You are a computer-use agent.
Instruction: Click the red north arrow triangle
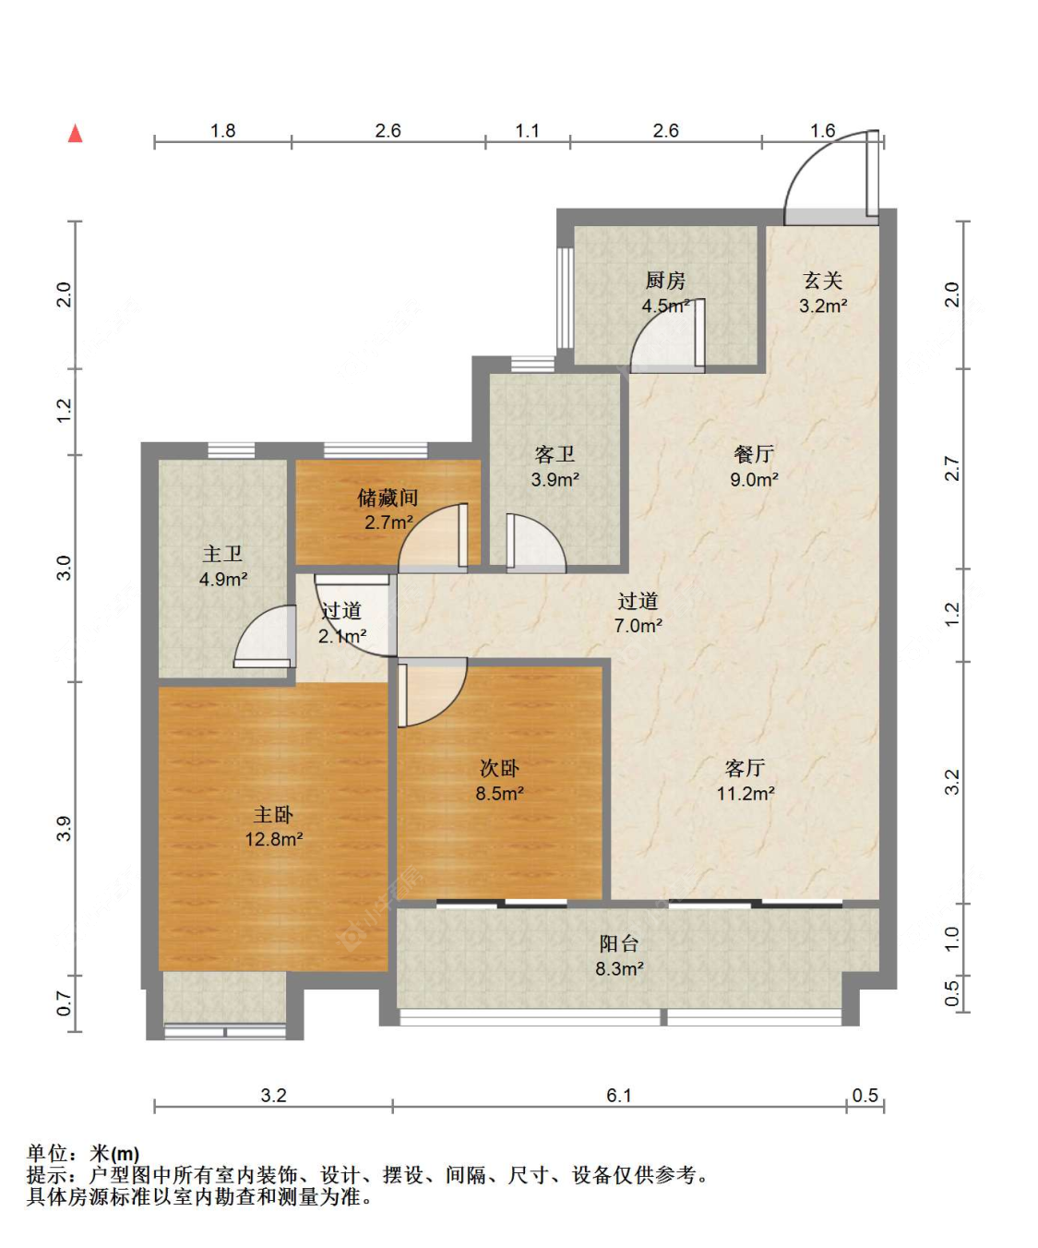[76, 133]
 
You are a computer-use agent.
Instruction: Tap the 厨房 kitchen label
[665, 280]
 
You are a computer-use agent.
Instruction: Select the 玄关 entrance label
[823, 280]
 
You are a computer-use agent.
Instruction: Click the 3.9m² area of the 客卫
[555, 479]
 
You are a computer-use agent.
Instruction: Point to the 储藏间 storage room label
[388, 498]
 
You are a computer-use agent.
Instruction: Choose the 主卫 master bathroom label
[222, 554]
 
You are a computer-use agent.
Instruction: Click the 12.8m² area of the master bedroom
[274, 839]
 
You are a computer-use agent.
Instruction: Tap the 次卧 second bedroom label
[499, 768]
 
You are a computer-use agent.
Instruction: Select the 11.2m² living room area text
[746, 794]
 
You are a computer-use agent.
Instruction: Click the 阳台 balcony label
[619, 943]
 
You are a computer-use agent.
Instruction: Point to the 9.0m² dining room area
[754, 479]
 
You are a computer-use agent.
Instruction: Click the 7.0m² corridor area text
[638, 626]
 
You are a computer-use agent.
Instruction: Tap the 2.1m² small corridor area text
[341, 636]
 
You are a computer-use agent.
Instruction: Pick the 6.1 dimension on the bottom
[619, 1096]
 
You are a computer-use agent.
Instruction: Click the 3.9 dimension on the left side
[64, 828]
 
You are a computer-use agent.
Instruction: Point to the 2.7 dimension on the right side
[952, 469]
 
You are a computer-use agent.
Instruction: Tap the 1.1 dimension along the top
[527, 130]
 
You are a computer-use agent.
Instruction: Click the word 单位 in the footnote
[47, 1153]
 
